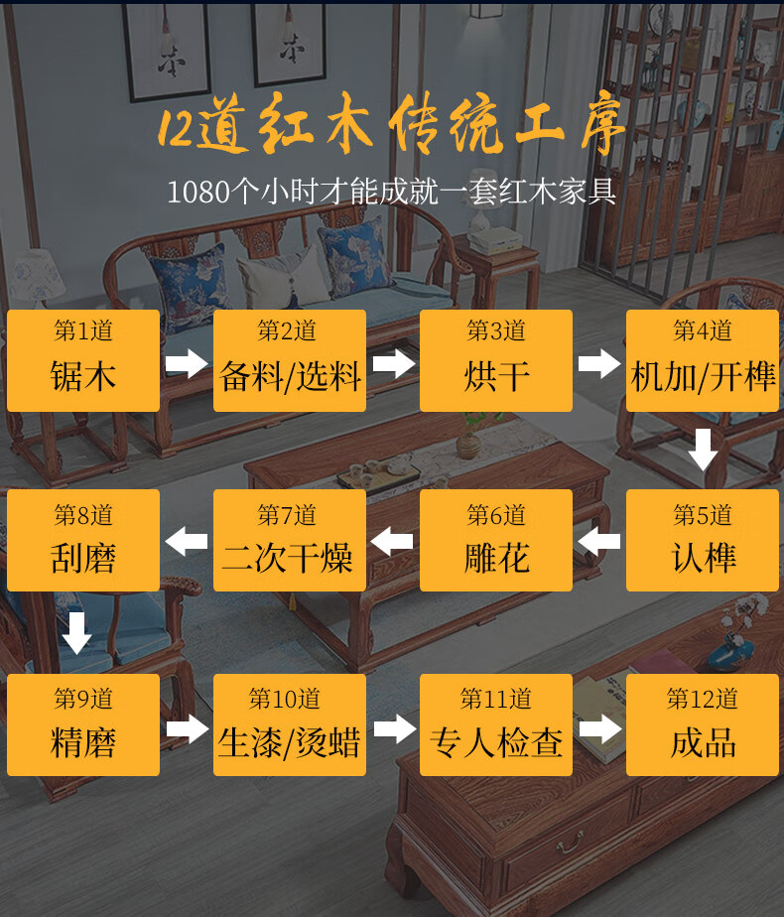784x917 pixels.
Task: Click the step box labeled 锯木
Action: pyautogui.click(x=83, y=360)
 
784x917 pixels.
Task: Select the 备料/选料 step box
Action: pyautogui.click(x=290, y=360)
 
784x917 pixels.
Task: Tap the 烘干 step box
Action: pyautogui.click(x=496, y=360)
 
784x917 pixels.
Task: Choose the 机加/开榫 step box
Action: pyautogui.click(x=703, y=360)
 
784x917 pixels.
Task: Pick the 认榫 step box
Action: pyautogui.click(x=703, y=541)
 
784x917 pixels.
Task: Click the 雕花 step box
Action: pyautogui.click(x=496, y=541)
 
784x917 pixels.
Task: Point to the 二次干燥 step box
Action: pyautogui.click(x=290, y=541)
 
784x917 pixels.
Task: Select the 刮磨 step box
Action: pyautogui.click(x=83, y=541)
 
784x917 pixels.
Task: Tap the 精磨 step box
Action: pyautogui.click(x=83, y=724)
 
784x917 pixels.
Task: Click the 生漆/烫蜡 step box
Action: pyautogui.click(x=290, y=724)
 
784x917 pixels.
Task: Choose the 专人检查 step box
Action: pyautogui.click(x=496, y=724)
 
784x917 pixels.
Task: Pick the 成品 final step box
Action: pyautogui.click(x=703, y=724)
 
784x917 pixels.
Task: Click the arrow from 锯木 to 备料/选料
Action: pyautogui.click(x=187, y=363)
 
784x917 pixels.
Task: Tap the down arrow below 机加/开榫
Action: pyautogui.click(x=704, y=451)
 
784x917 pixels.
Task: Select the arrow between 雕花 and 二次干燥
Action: pyautogui.click(x=393, y=542)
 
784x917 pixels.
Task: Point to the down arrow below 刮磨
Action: pyautogui.click(x=77, y=633)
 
